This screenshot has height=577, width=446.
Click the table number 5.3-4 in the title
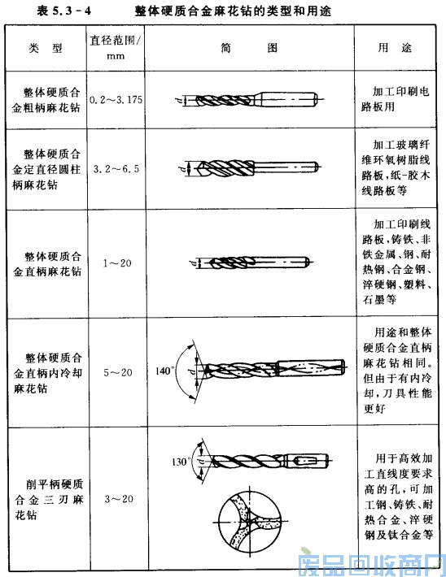pyautogui.click(x=68, y=11)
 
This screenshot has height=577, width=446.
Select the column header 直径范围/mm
pyautogui.click(x=116, y=47)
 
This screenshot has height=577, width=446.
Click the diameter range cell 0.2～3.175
pyautogui.click(x=116, y=99)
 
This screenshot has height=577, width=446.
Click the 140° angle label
pyautogui.click(x=165, y=371)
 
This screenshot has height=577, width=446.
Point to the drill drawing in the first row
pyautogui.click(x=243, y=100)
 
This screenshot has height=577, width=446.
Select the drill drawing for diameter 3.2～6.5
pyautogui.click(x=244, y=169)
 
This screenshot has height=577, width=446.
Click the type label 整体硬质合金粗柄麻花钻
pyautogui.click(x=46, y=99)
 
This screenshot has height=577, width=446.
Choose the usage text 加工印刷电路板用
pyautogui.click(x=400, y=99)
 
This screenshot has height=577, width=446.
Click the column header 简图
pyautogui.click(x=244, y=47)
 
